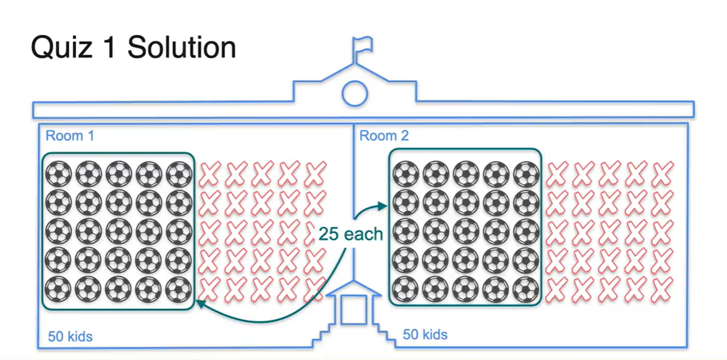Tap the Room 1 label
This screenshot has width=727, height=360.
click(70, 135)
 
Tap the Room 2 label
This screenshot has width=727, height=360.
click(383, 135)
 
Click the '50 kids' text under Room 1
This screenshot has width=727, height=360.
click(70, 336)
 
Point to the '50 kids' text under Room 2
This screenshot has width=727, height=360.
click(425, 334)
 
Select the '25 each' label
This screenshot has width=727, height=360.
click(351, 234)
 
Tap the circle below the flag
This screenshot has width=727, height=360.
click(354, 93)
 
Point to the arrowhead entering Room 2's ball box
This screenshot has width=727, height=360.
click(382, 206)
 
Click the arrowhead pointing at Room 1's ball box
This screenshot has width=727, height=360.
click(201, 302)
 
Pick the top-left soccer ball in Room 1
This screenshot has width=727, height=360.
click(59, 174)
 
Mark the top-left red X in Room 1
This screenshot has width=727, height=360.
click(210, 174)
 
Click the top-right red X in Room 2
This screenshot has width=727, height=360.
click(662, 174)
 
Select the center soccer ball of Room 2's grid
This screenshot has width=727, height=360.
click(466, 231)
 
